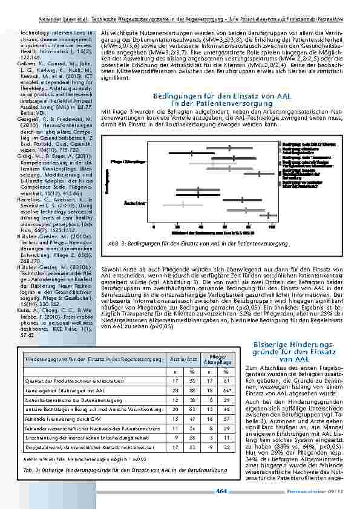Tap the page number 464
[x=221, y=491]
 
